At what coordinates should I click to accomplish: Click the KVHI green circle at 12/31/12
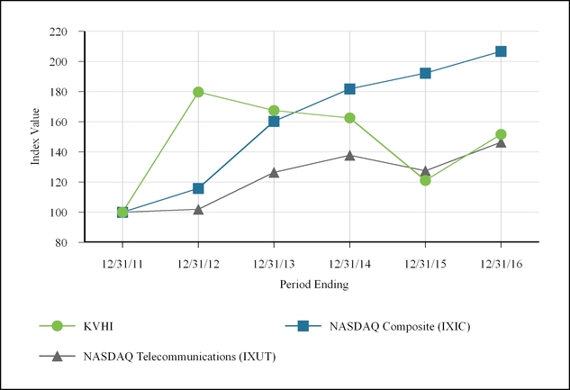[198, 92]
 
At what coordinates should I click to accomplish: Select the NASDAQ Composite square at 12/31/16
[501, 51]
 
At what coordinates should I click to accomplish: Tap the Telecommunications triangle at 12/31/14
[349, 155]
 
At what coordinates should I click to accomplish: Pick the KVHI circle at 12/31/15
[425, 180]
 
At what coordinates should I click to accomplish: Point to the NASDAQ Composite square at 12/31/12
[198, 188]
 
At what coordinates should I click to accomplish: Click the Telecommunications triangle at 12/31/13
[274, 172]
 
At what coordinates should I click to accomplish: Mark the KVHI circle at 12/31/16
[501, 134]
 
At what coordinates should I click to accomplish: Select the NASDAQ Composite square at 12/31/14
[349, 89]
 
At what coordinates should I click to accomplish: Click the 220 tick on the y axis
[59, 32]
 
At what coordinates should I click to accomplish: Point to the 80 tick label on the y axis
[62, 242]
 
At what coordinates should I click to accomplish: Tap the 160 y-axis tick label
[59, 122]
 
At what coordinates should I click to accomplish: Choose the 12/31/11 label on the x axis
[122, 264]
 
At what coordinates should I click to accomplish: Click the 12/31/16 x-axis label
[501, 264]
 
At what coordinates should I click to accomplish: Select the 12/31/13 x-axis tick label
[274, 264]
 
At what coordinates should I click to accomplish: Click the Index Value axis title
[36, 137]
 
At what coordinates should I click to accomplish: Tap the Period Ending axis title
[312, 285]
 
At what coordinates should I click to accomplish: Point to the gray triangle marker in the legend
[58, 356]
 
